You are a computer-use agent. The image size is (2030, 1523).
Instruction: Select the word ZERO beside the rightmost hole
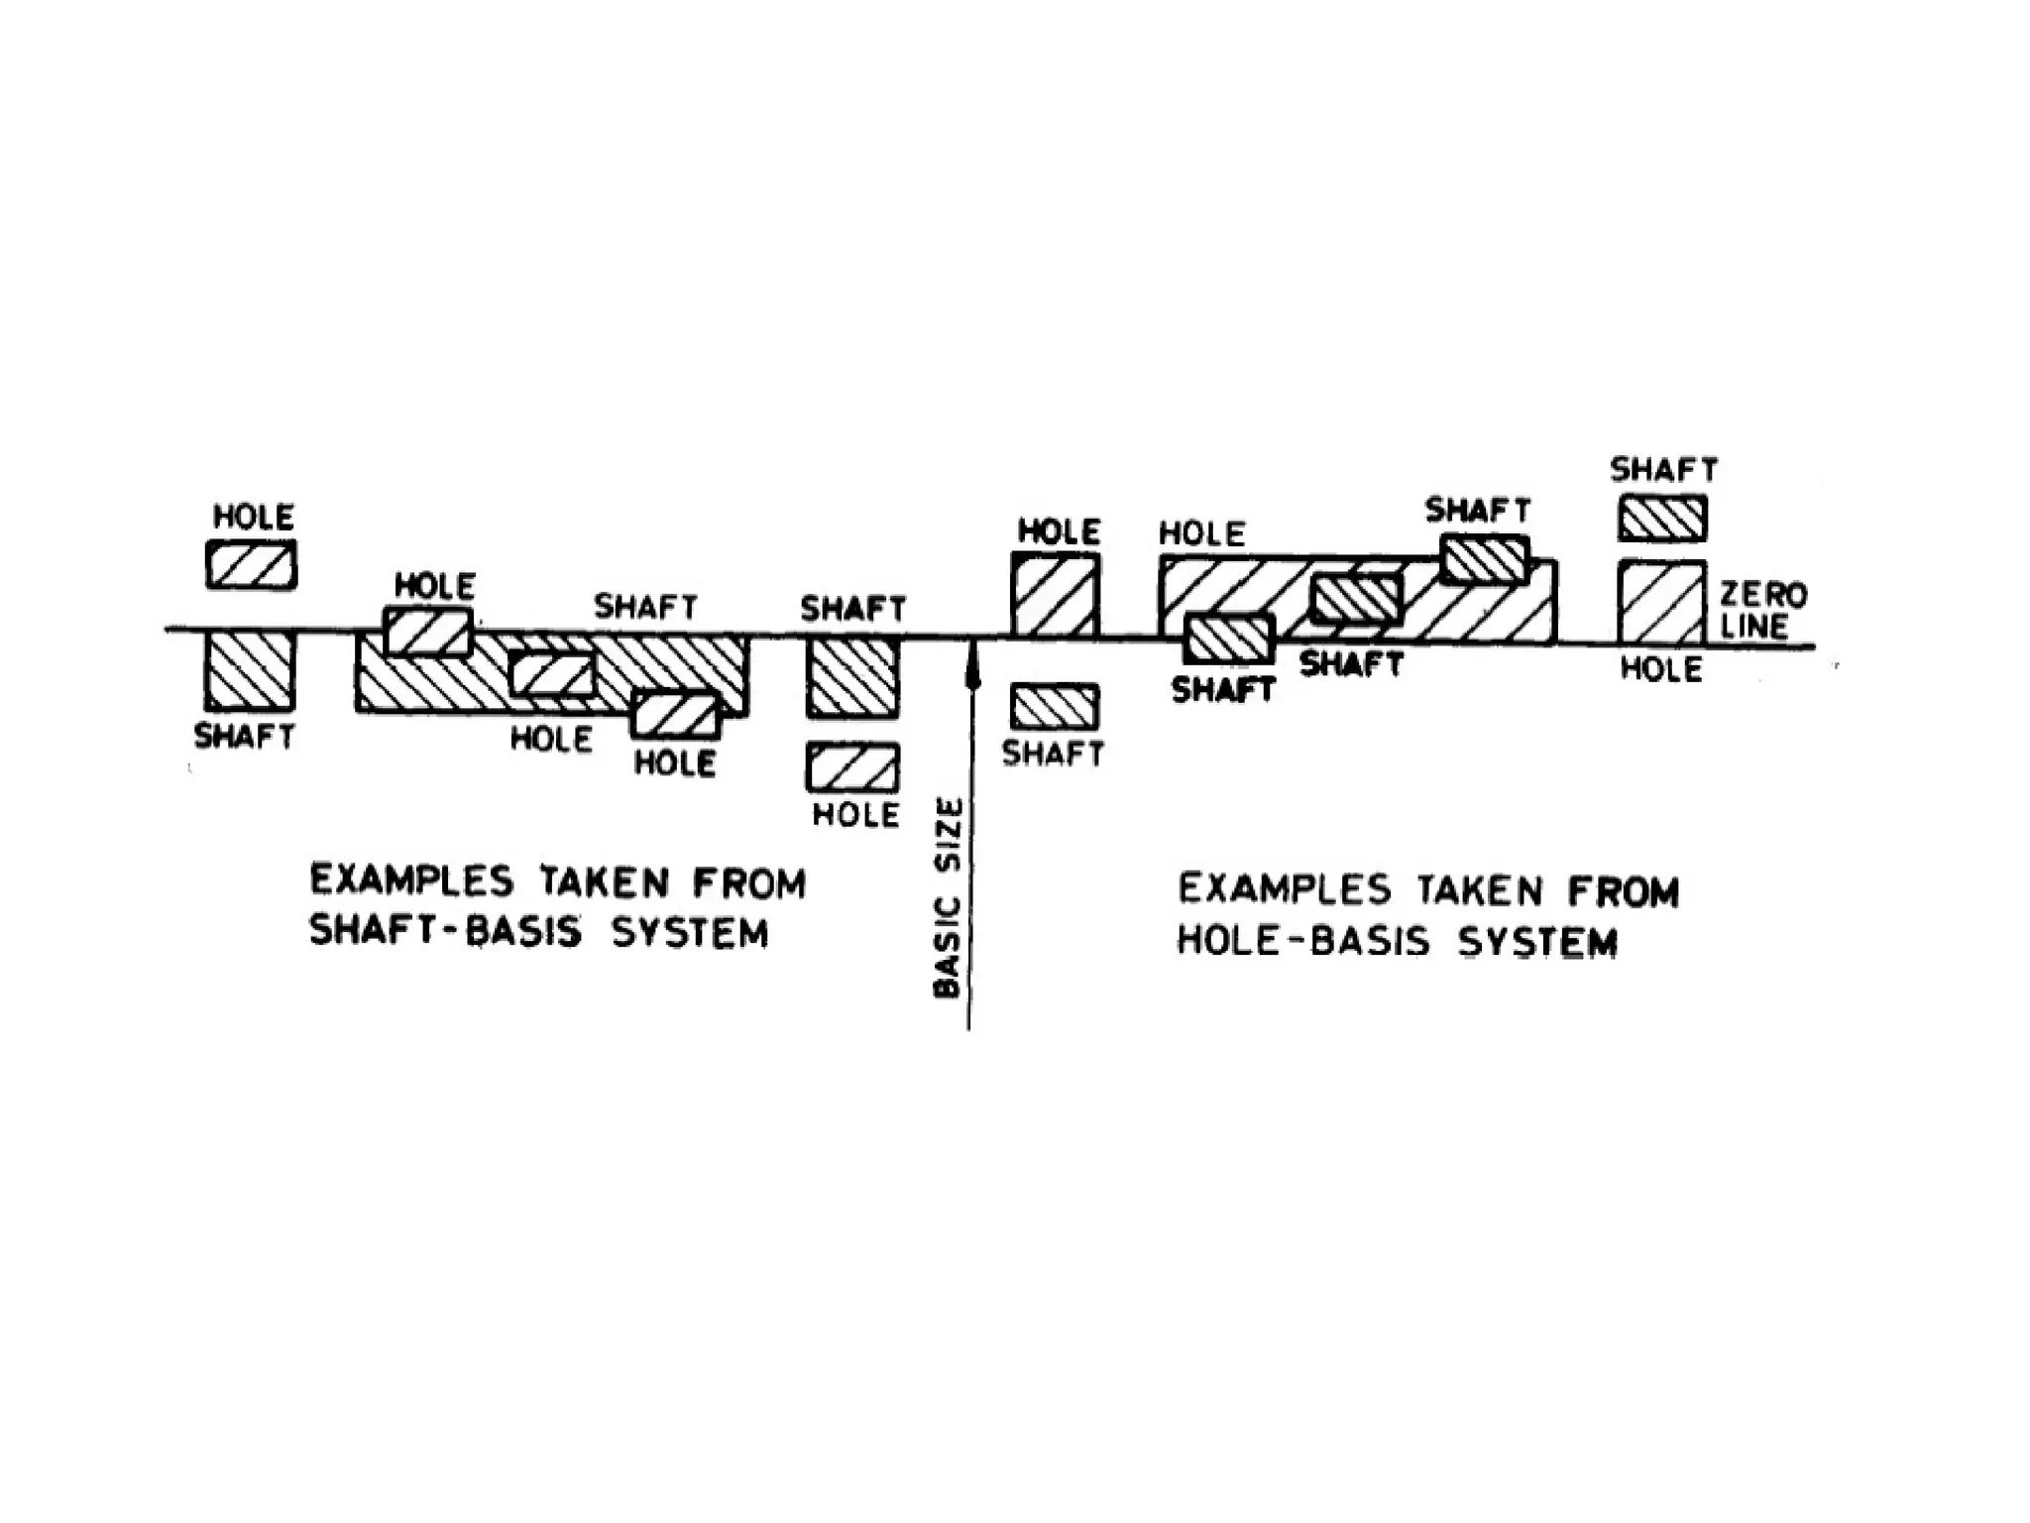point(1763,595)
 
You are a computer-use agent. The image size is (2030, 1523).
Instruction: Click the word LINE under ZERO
point(1754,627)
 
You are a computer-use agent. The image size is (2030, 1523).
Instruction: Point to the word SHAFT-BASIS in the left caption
point(440,932)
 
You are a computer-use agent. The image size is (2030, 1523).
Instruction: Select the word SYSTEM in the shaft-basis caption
point(690,933)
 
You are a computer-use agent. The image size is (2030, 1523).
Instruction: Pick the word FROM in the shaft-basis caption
point(749,882)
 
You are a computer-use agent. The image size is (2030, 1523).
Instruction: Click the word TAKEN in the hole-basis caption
point(1481,890)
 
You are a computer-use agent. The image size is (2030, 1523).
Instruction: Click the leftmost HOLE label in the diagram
point(254,517)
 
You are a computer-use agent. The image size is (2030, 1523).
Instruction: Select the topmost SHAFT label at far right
point(1664,469)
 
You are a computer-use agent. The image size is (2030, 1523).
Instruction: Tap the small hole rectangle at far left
point(252,565)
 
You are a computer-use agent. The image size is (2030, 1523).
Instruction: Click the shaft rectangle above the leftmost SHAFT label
point(250,671)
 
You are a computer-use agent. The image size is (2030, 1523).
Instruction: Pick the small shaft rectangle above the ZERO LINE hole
point(1662,519)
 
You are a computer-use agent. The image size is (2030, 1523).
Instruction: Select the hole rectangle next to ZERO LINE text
point(1662,603)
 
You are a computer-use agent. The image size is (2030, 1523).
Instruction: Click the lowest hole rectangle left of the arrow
point(852,767)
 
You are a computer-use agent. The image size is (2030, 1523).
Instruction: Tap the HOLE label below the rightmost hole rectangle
point(1661,669)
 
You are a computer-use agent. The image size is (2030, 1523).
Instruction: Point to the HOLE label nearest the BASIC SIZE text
point(855,815)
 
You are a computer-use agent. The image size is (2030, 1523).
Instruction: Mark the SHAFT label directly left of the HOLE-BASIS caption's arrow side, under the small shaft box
point(1053,754)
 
